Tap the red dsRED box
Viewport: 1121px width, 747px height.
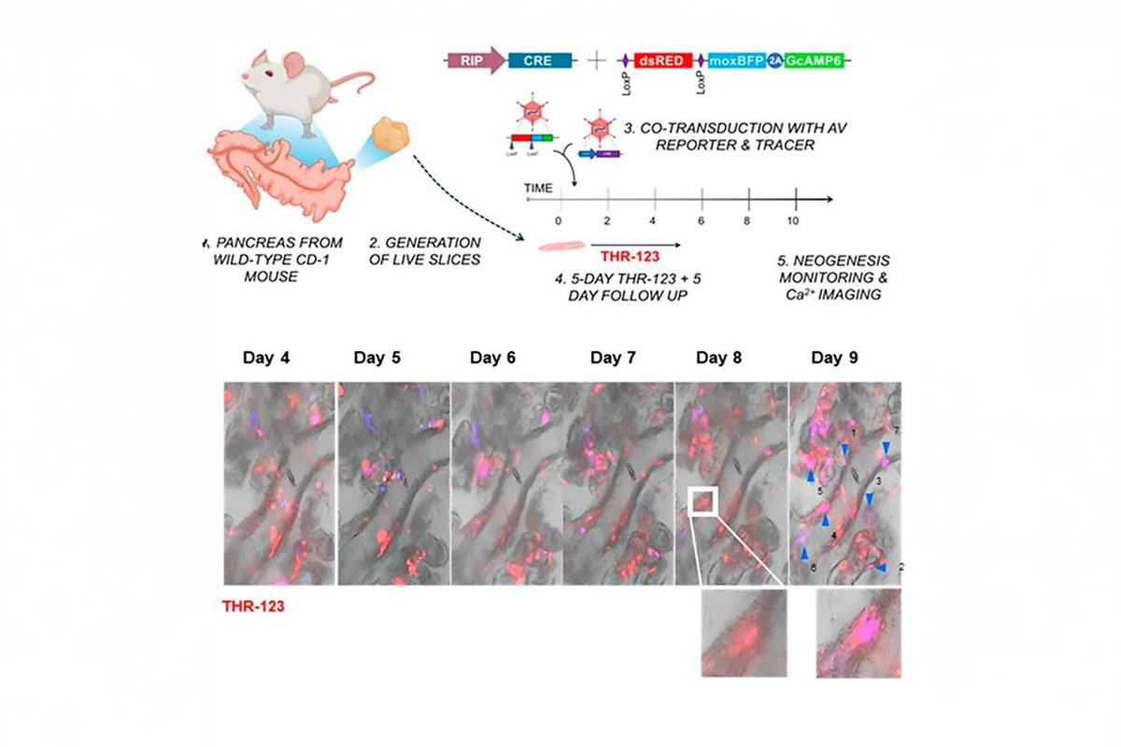663,62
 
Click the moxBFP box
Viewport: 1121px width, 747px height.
738,62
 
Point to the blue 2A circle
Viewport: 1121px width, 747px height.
775,62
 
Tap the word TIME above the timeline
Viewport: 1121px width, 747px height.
538,188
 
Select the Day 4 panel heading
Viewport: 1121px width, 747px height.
266,358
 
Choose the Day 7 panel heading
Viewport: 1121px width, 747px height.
614,358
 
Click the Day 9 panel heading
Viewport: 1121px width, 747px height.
834,358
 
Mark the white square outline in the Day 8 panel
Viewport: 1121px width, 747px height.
702,500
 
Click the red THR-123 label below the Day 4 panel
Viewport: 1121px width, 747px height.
253,606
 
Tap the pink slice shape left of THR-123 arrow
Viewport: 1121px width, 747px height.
560,247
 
